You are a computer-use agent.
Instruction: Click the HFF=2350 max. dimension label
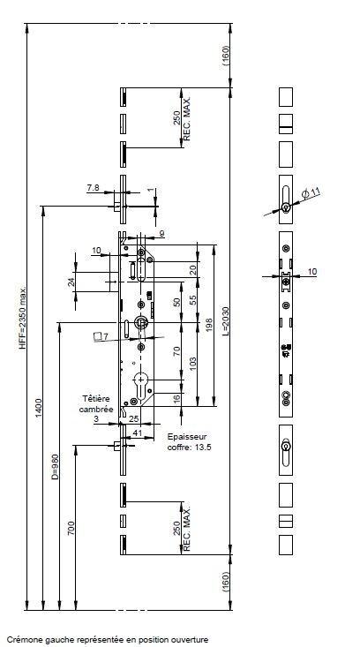click(x=23, y=318)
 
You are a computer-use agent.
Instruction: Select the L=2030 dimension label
click(x=226, y=322)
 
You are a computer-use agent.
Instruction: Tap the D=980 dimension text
click(x=56, y=467)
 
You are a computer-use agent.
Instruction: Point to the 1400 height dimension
click(x=39, y=408)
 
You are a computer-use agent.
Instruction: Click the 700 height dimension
click(x=71, y=528)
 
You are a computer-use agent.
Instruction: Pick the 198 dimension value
click(x=209, y=325)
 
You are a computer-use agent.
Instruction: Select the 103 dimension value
click(x=192, y=363)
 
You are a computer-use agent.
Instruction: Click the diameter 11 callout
click(x=311, y=192)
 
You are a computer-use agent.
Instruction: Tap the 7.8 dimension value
click(x=94, y=188)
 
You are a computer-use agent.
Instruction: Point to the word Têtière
click(x=96, y=399)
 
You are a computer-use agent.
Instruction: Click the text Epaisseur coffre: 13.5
click(x=189, y=441)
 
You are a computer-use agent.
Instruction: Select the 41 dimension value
click(x=138, y=433)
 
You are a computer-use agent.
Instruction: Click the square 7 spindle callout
click(x=101, y=336)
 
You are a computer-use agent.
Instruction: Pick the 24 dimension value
click(x=71, y=282)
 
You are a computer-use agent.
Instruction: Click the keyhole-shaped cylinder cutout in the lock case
click(x=141, y=385)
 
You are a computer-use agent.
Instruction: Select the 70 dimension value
click(x=176, y=351)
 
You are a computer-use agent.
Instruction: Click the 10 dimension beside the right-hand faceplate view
click(x=312, y=272)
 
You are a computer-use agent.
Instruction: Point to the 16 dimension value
click(x=176, y=399)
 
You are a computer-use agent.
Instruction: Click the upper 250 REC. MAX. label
click(x=182, y=118)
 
